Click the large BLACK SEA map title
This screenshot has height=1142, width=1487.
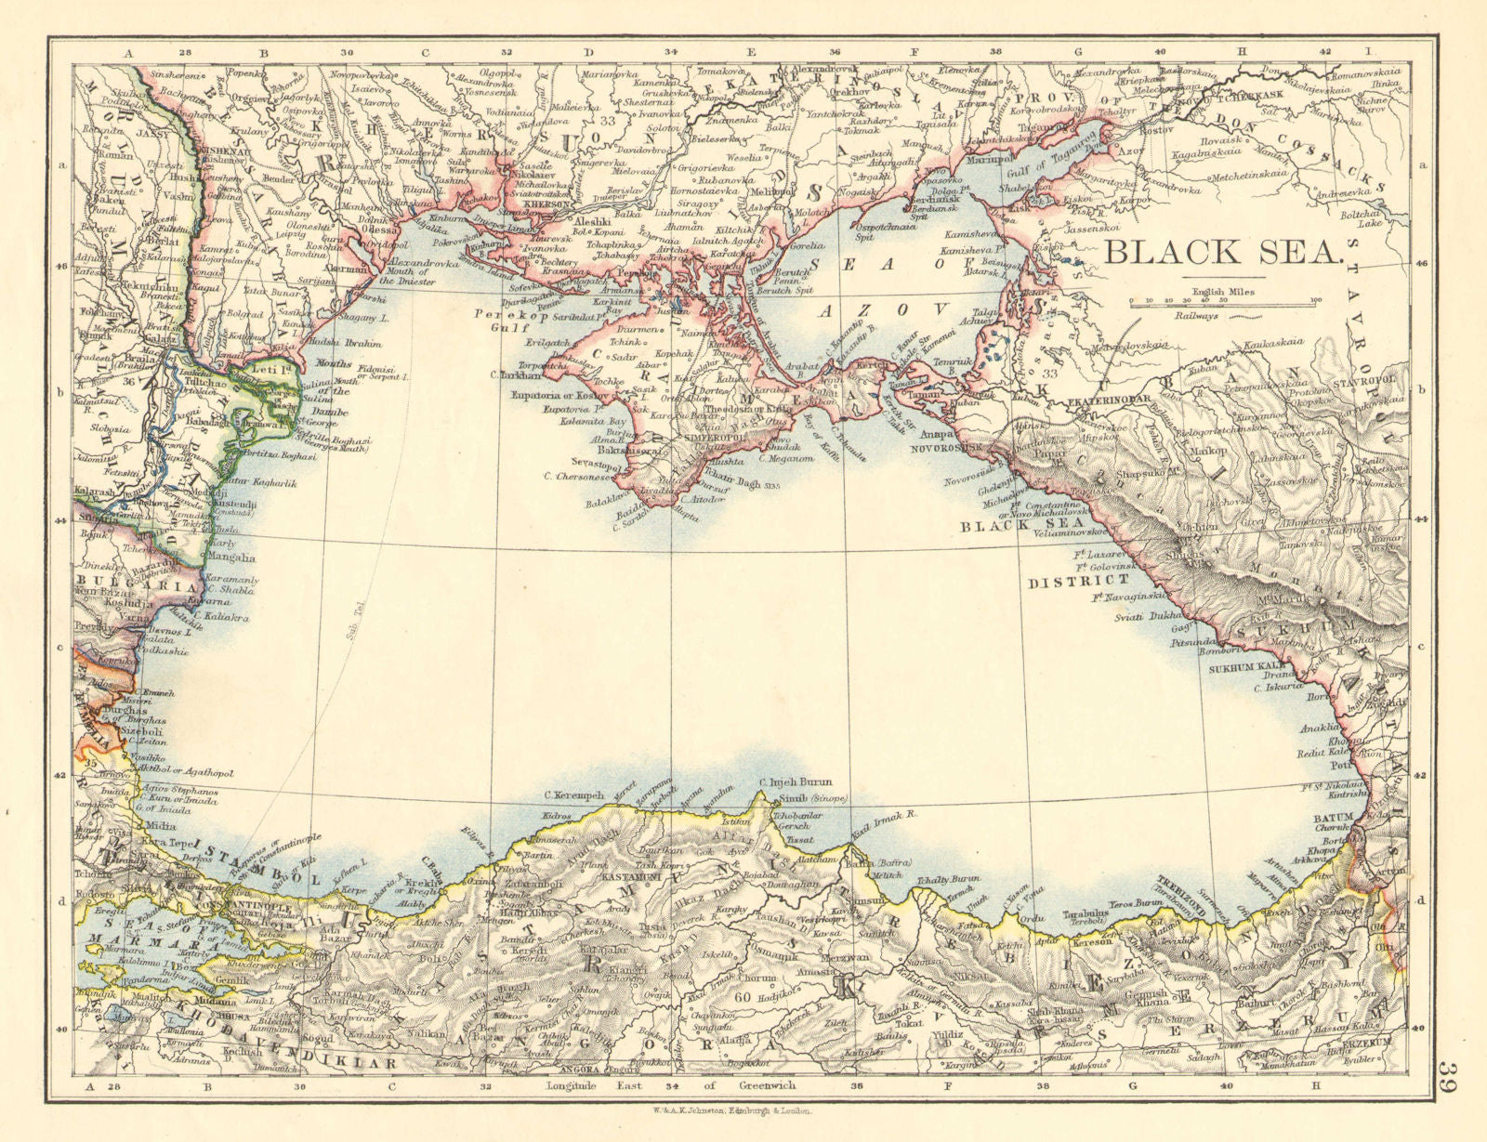(1225, 251)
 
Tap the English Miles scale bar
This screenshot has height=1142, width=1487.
(1222, 301)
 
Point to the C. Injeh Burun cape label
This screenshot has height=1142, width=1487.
(796, 783)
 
